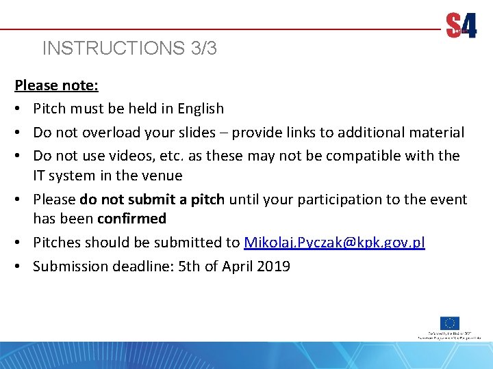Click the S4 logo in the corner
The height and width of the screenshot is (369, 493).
coord(462,26)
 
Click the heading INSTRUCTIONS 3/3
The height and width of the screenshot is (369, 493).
coord(129,49)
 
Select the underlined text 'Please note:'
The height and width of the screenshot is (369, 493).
coord(57,86)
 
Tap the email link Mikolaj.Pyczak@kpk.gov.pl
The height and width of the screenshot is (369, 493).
coord(334,243)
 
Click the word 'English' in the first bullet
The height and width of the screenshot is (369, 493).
coord(201,109)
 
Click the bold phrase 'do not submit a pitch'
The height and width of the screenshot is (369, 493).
coord(152,200)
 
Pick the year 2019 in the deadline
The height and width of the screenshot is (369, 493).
coord(273,266)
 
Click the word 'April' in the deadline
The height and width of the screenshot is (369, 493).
coord(237,266)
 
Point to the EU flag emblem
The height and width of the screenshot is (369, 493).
coord(450,323)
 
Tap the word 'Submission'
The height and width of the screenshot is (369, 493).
coord(71,266)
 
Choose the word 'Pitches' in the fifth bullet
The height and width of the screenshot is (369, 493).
coord(57,243)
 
